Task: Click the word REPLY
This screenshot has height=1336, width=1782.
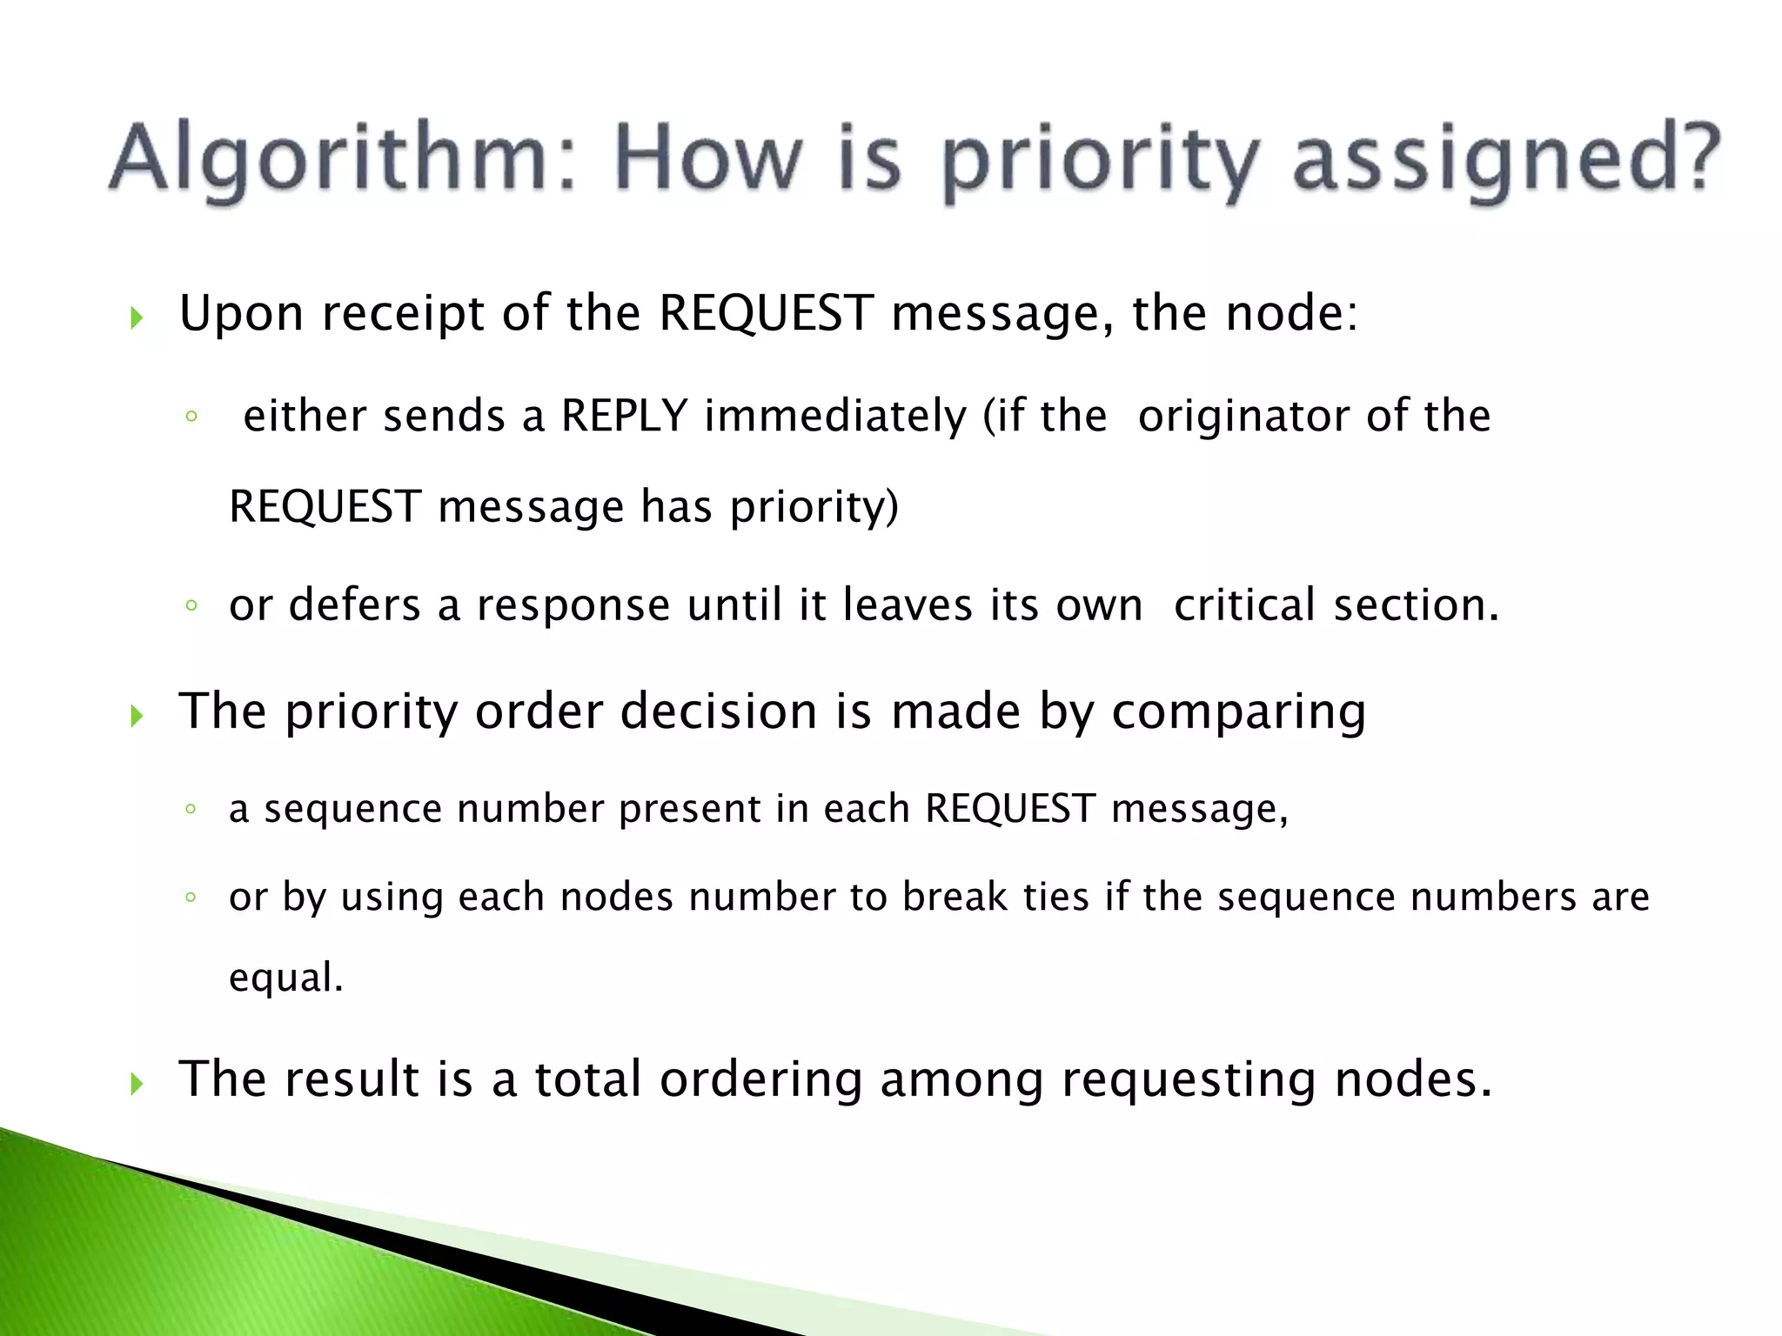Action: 624,416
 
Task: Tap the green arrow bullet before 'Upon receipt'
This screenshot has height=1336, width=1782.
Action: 137,317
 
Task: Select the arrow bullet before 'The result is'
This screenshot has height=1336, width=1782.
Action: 137,1084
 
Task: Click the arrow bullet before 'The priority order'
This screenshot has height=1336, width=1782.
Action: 137,716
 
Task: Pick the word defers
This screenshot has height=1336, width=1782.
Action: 355,605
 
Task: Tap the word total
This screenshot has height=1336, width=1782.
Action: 587,1079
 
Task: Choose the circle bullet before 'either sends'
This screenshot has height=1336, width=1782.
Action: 191,417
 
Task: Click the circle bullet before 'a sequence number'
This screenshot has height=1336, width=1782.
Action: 191,810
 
